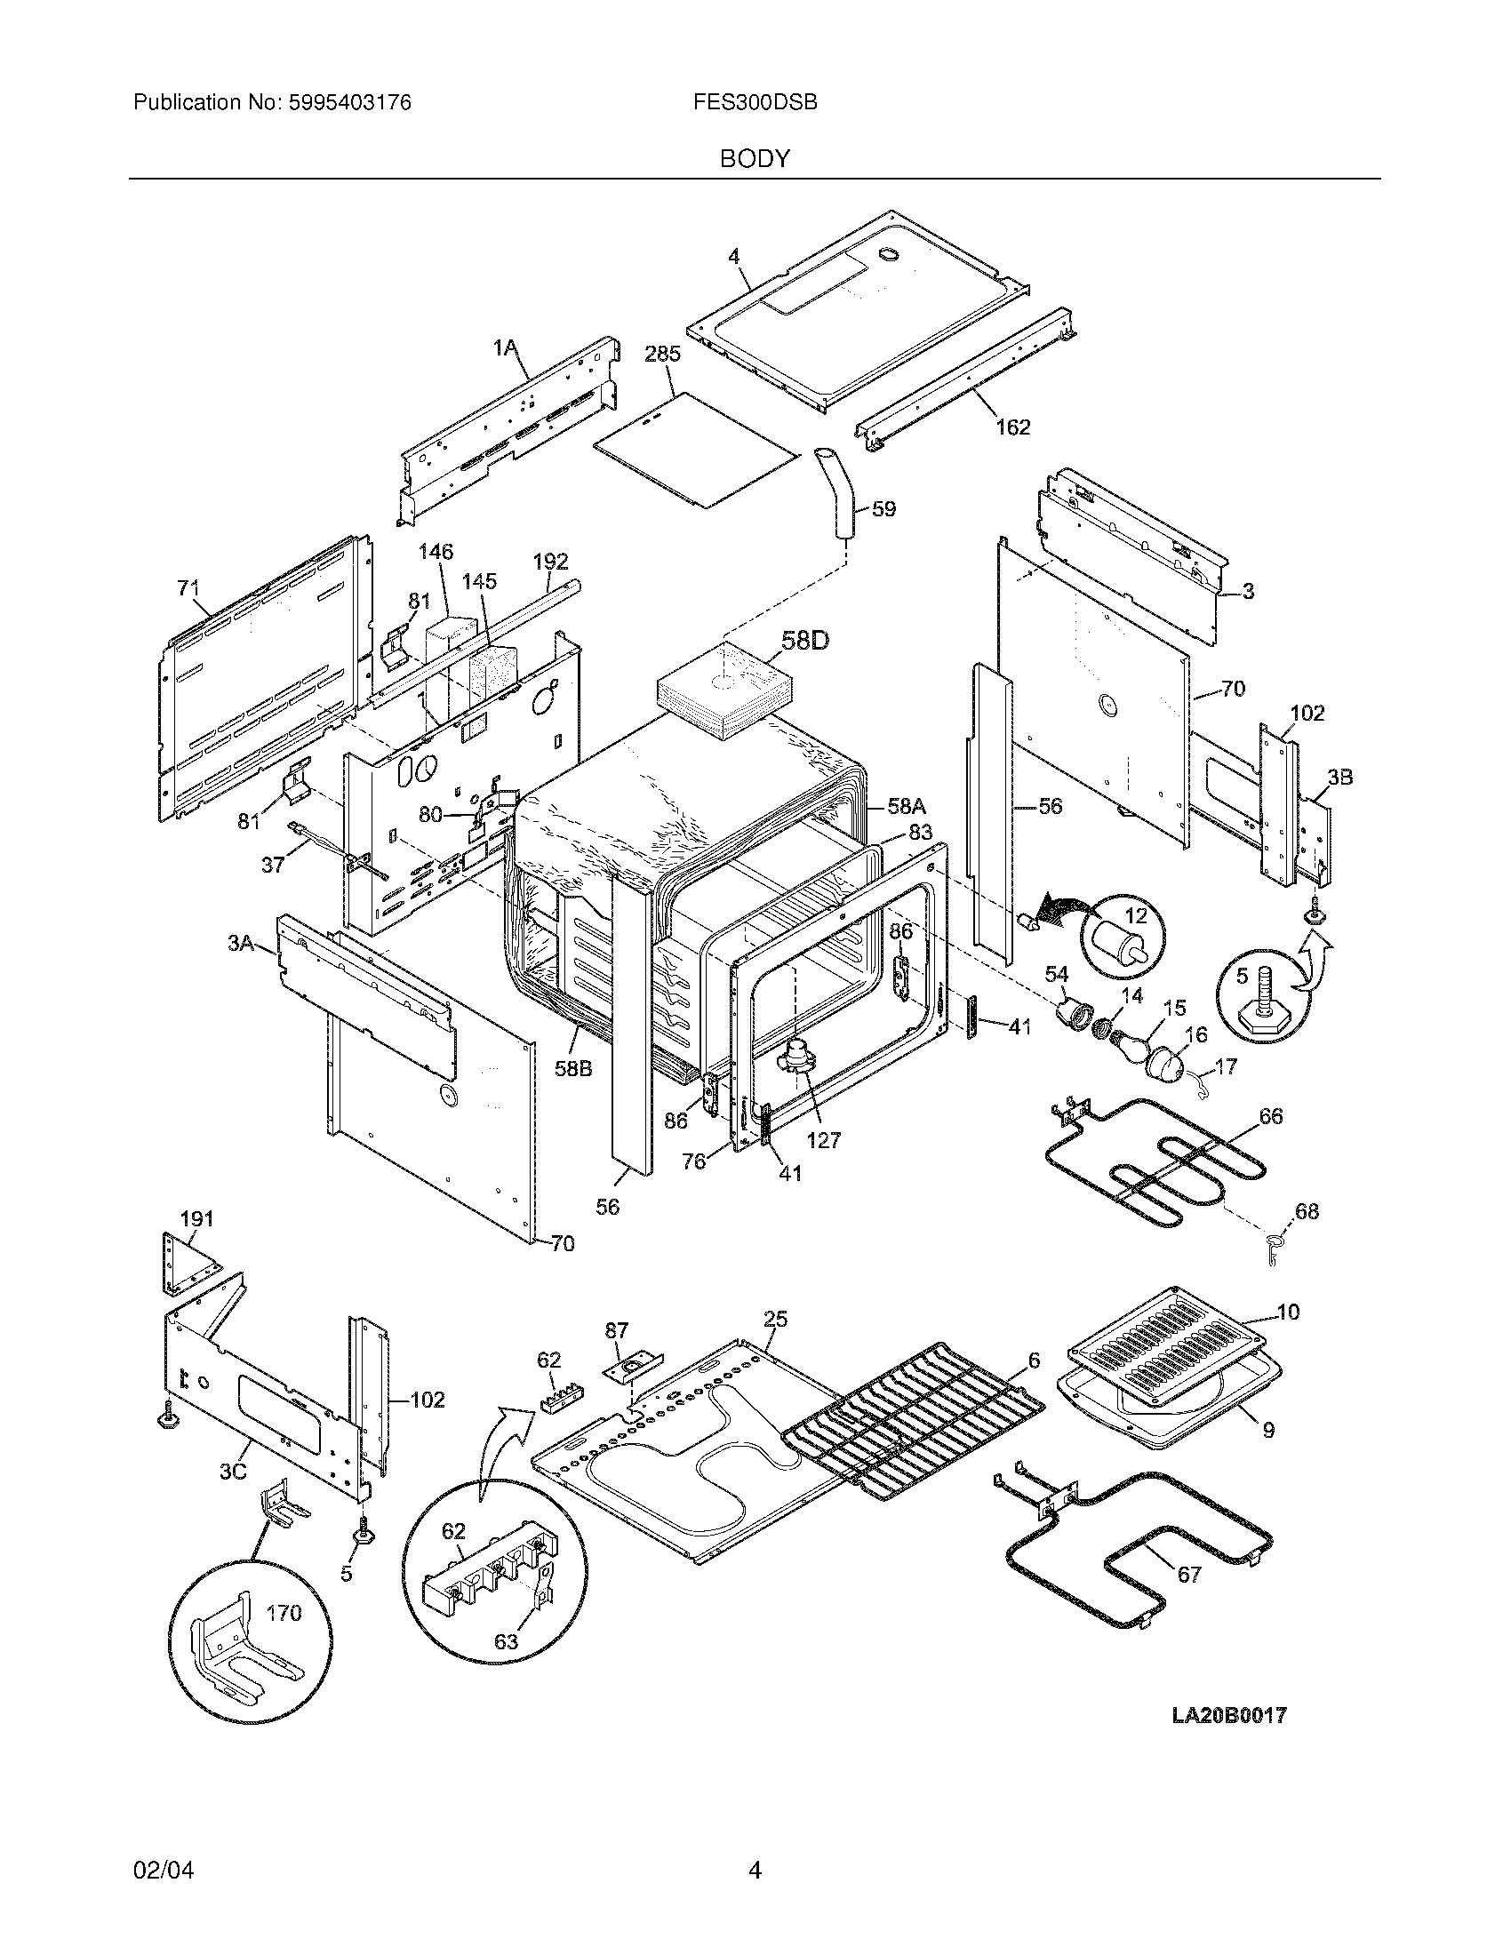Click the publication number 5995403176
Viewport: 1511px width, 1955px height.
pyautogui.click(x=348, y=103)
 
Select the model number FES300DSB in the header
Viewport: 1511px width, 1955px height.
pyautogui.click(x=755, y=103)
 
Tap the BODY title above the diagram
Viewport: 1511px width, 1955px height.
pyautogui.click(x=755, y=159)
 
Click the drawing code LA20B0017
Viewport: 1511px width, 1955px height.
pyautogui.click(x=1229, y=1715)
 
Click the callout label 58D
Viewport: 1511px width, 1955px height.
pyautogui.click(x=805, y=641)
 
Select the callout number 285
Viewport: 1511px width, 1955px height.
pyautogui.click(x=662, y=354)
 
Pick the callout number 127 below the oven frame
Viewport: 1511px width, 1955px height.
pyautogui.click(x=824, y=1139)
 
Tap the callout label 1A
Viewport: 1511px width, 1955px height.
pyautogui.click(x=506, y=347)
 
